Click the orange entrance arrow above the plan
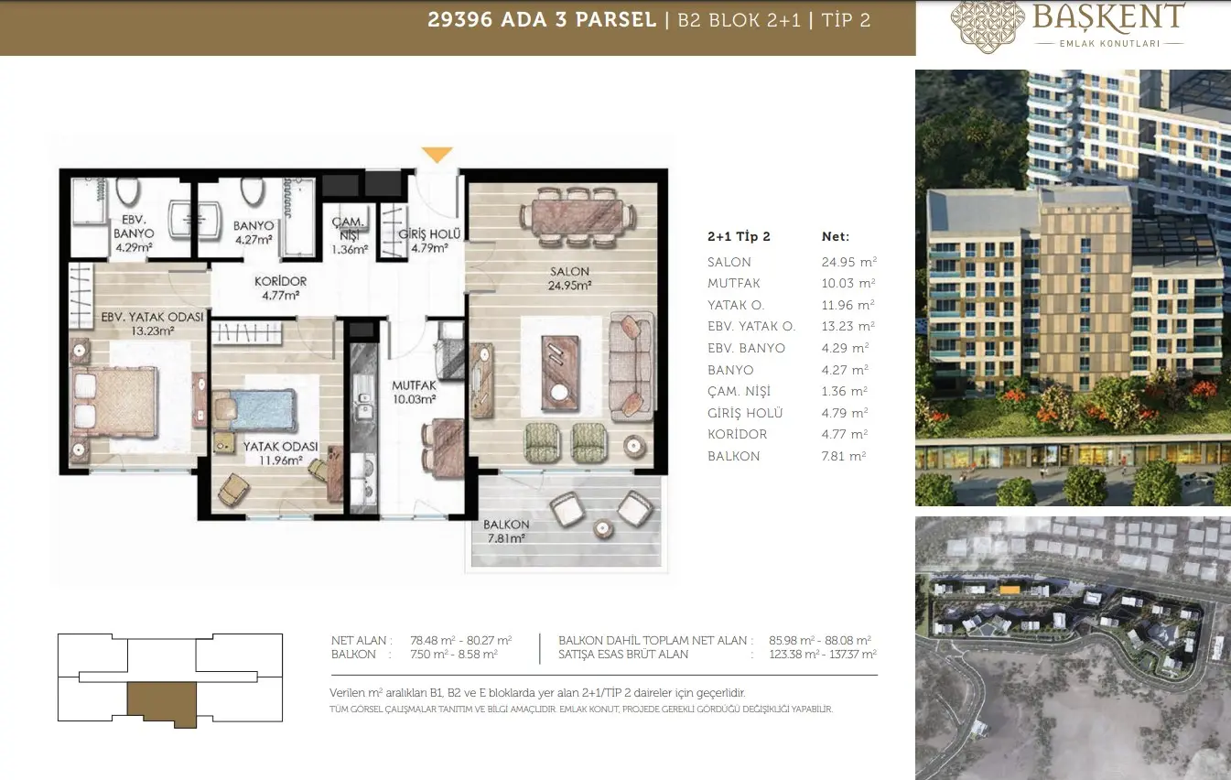point(437,155)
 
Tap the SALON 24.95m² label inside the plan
point(569,278)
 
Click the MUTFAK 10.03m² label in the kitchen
point(414,393)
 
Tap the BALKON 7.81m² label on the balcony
point(505,532)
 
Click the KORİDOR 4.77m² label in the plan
point(280,288)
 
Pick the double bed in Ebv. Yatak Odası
point(116,403)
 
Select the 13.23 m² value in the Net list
point(848,326)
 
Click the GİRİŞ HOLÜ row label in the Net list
point(745,413)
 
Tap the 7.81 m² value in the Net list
point(844,456)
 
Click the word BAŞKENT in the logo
point(1107,17)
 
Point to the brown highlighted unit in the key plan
point(162,704)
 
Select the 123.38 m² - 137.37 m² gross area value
point(823,655)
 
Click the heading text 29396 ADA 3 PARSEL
point(542,20)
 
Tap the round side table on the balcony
point(603,528)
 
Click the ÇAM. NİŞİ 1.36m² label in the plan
point(350,236)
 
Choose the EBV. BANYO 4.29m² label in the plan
point(134,233)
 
